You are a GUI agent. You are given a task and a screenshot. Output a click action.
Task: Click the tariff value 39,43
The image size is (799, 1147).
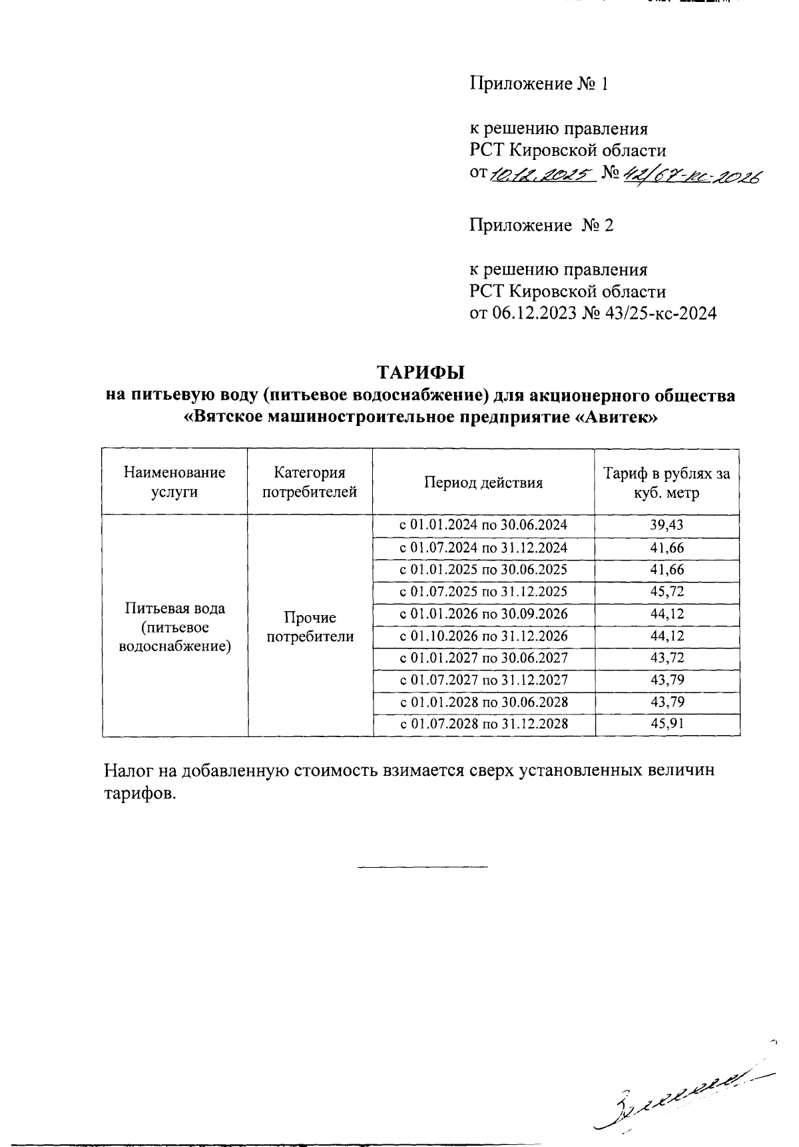click(x=666, y=525)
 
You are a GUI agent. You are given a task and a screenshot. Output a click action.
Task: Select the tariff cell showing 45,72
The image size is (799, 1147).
click(x=666, y=592)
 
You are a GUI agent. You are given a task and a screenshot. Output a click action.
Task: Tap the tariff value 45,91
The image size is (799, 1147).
click(x=666, y=724)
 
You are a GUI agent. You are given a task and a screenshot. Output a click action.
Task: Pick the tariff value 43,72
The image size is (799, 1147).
click(x=666, y=658)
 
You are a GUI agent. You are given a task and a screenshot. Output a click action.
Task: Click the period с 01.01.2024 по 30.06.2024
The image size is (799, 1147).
click(x=483, y=525)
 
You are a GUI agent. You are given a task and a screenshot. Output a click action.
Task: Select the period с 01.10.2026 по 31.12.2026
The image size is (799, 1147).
click(x=483, y=636)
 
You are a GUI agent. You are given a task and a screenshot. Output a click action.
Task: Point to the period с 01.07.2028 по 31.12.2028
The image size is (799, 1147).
click(x=483, y=724)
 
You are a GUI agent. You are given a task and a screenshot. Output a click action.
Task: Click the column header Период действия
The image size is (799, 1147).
click(x=483, y=483)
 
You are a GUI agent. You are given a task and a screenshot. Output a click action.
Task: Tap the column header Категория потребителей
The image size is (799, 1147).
click(x=310, y=483)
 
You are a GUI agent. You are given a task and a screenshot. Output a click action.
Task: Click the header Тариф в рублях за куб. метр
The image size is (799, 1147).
click(x=666, y=483)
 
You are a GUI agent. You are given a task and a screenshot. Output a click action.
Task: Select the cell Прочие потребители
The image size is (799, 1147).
click(x=310, y=627)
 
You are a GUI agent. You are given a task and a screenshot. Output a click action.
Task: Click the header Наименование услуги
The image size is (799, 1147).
click(x=174, y=483)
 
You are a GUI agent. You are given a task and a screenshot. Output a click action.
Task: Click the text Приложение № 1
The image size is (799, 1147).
click(x=539, y=84)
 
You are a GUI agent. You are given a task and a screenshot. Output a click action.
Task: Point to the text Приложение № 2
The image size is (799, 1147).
click(x=541, y=225)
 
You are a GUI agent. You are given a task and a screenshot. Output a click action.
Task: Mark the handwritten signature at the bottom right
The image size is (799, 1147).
click(x=679, y=1093)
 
